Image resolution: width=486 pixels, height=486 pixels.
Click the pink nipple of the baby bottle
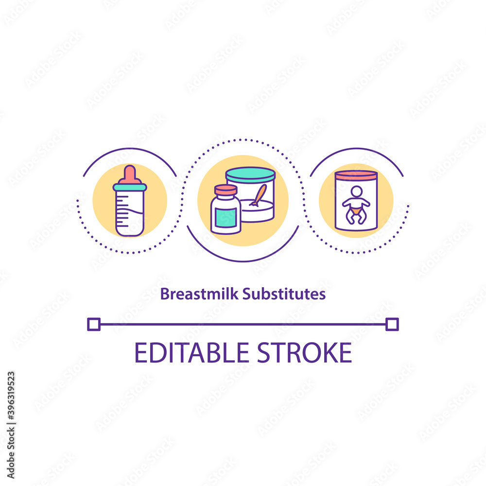click(x=130, y=174)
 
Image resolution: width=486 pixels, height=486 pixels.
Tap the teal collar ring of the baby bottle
click(x=130, y=187)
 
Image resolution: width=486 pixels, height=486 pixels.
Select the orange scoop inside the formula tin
click(x=259, y=195)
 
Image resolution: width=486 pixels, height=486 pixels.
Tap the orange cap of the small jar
click(x=226, y=190)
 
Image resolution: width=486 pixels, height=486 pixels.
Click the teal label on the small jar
click(x=226, y=218)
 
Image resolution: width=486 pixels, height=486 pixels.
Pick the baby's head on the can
click(x=356, y=191)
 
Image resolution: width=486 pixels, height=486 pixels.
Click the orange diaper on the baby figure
click(x=356, y=211)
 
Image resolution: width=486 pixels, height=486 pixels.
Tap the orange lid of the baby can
click(x=356, y=175)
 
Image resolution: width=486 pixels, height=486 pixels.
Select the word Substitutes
click(x=284, y=294)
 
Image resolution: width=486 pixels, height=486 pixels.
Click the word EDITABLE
click(x=191, y=353)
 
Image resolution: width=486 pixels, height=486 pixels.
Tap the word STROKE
click(x=305, y=353)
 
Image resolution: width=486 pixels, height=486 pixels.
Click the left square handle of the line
click(x=94, y=324)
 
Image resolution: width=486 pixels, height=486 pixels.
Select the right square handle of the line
click(x=392, y=324)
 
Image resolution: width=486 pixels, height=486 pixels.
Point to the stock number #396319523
click(x=11, y=396)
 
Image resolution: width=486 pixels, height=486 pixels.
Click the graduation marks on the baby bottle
click(x=122, y=211)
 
